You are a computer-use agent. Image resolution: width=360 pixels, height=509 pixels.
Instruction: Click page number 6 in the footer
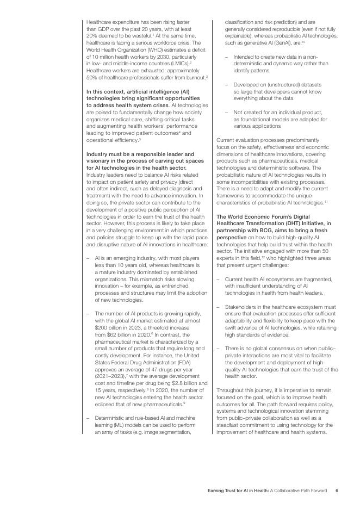[337, 491]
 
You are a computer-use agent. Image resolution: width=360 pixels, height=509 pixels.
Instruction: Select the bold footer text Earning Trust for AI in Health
[238, 491]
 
